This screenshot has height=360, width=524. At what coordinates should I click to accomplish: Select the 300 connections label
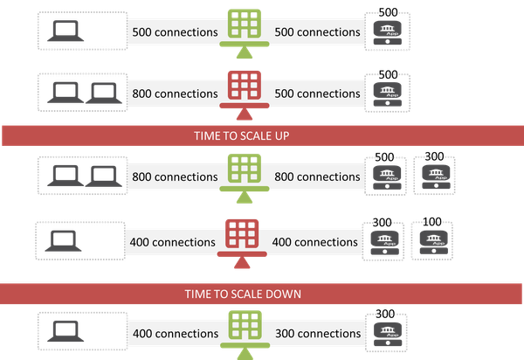tap(318, 334)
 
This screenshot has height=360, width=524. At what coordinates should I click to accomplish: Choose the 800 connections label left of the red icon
tap(175, 93)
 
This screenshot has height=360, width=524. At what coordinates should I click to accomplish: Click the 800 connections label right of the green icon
tap(318, 177)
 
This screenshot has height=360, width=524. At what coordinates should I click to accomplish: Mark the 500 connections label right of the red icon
tap(318, 93)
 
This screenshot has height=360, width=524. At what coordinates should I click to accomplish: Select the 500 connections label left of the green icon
tap(175, 32)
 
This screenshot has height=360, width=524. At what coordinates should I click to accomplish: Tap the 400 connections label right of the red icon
tap(314, 241)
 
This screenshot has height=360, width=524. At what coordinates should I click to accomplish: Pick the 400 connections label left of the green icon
tap(175, 334)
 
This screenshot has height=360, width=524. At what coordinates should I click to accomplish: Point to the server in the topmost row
tap(386, 31)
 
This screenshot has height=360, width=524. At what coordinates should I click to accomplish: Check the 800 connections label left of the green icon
tap(175, 177)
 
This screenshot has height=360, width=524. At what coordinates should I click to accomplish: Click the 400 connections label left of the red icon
tap(171, 241)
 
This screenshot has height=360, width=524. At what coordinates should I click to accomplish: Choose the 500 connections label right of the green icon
tap(318, 32)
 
